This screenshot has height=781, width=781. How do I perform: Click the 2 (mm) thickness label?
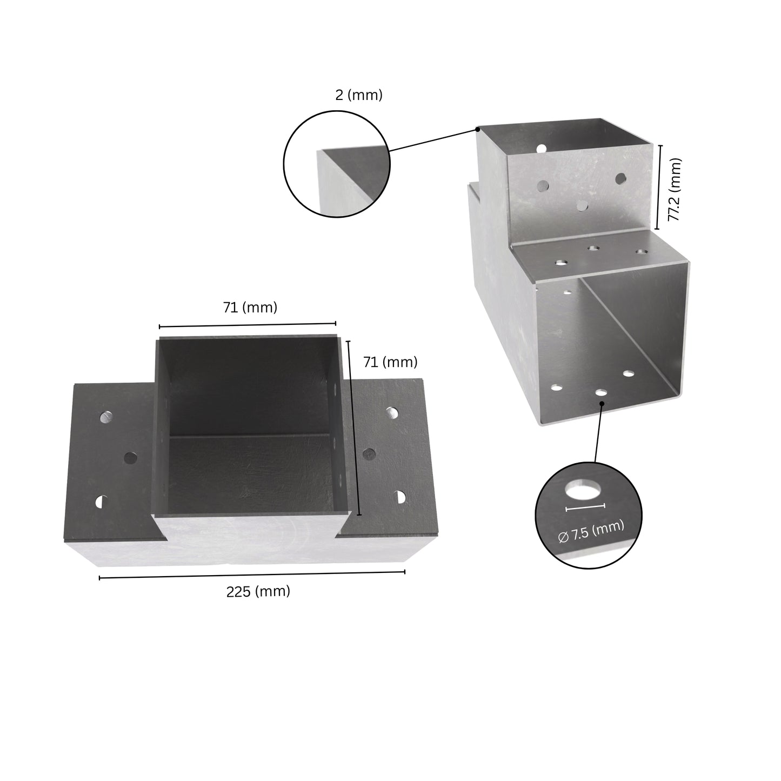coord(358,95)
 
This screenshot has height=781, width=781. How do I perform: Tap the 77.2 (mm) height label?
coord(673,190)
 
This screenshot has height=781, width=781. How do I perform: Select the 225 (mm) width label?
coord(258,591)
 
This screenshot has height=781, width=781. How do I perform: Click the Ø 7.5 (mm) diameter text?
coord(591,531)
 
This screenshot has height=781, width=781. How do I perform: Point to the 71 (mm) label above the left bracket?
coord(250,308)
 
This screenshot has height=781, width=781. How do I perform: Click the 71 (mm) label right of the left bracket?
coord(390,362)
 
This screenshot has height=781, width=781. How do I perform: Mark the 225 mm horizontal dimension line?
coord(252,575)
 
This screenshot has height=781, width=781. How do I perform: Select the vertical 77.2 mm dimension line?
coord(658,187)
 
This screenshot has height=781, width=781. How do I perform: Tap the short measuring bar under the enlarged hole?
coord(585,507)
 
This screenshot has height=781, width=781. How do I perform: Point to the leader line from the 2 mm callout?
coord(432,140)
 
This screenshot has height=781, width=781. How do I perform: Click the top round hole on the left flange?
coord(107,417)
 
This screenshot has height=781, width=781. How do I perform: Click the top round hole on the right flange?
coord(392,413)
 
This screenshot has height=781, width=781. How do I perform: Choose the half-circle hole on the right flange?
coord(400,496)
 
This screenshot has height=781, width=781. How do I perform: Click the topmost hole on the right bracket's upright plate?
coord(540,148)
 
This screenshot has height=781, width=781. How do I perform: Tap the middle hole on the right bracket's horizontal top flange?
coord(593,248)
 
